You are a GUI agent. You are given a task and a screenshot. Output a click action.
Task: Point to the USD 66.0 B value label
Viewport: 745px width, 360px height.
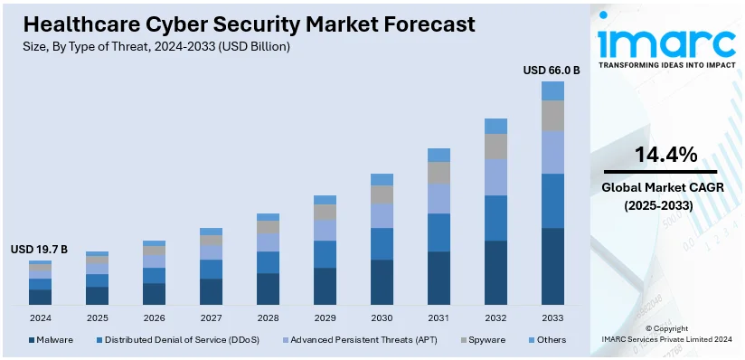pos(552,69)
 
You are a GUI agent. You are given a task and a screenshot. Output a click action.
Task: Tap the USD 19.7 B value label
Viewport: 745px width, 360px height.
pos(39,249)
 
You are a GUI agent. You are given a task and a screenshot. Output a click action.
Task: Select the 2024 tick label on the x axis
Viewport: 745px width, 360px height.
pos(40,318)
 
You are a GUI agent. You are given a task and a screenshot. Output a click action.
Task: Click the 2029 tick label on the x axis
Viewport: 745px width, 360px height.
pos(325,318)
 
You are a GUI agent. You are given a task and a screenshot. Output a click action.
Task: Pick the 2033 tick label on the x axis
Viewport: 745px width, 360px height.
pos(552,318)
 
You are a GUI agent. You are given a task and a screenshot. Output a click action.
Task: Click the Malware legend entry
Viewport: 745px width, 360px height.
pos(54,340)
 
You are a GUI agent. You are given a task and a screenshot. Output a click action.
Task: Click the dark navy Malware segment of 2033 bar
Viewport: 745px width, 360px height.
pos(552,266)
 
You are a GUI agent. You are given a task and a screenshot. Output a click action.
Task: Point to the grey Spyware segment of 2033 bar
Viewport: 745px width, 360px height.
pos(552,115)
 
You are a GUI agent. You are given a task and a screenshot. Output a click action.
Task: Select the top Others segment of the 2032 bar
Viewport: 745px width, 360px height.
pos(495,126)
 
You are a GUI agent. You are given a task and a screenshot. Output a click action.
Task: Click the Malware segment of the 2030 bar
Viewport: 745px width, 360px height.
pos(382,281)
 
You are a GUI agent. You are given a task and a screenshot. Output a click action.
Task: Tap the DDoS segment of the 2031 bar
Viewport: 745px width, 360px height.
pos(439,232)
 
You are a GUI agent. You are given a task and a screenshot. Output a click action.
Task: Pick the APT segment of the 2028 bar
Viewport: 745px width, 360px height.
pos(268,242)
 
